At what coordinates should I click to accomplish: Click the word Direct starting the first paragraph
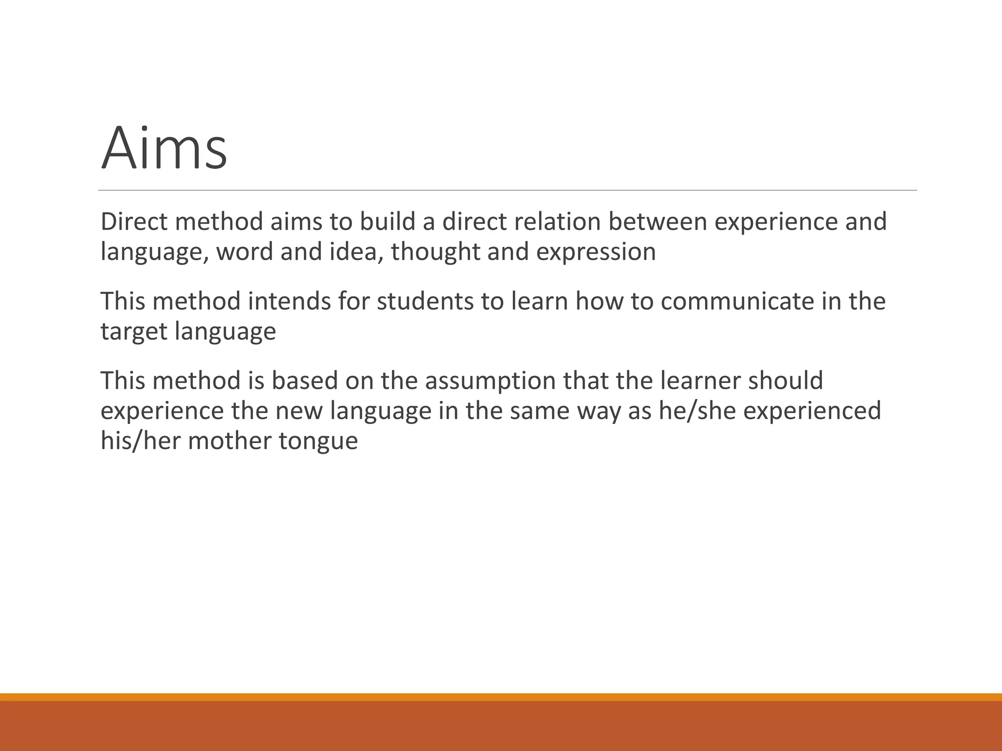(x=134, y=221)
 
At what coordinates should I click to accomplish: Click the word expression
(x=596, y=252)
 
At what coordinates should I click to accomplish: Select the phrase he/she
(x=697, y=411)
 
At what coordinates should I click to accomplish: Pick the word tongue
(x=319, y=441)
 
